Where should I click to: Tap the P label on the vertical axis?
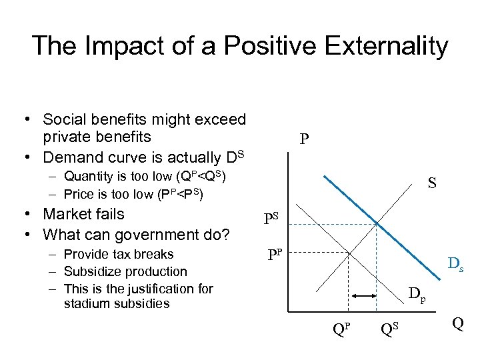click(304, 139)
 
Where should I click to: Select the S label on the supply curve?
click(432, 181)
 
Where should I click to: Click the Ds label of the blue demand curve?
click(456, 266)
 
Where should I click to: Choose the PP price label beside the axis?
click(275, 255)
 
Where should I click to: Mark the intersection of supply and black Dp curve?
click(345, 252)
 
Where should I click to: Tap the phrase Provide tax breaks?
click(119, 254)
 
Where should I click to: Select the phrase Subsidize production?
click(125, 271)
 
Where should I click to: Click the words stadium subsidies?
click(117, 303)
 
